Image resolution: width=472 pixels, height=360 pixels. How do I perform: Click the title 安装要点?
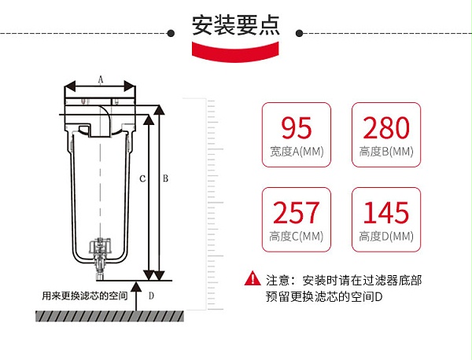(235, 26)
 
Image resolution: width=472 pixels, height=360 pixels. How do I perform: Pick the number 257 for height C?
(296, 212)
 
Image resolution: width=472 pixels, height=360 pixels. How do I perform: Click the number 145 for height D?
(385, 212)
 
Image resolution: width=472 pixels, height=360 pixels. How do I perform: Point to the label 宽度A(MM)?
(296, 151)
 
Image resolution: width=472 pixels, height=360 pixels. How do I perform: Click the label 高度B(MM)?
(385, 151)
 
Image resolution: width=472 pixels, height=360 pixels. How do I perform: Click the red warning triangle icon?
(252, 278)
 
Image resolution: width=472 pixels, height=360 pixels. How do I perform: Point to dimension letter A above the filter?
(100, 79)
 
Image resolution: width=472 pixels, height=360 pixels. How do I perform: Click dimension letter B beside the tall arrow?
(165, 179)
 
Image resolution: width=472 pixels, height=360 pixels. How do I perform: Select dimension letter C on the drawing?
(142, 179)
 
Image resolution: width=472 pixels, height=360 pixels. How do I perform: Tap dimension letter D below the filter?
(151, 296)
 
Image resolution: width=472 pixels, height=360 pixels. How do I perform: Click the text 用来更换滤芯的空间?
(85, 296)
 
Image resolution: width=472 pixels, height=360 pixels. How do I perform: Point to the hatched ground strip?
(109, 316)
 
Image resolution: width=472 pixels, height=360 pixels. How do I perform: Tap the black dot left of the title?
(171, 34)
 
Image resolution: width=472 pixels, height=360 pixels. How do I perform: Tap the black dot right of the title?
(301, 34)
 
